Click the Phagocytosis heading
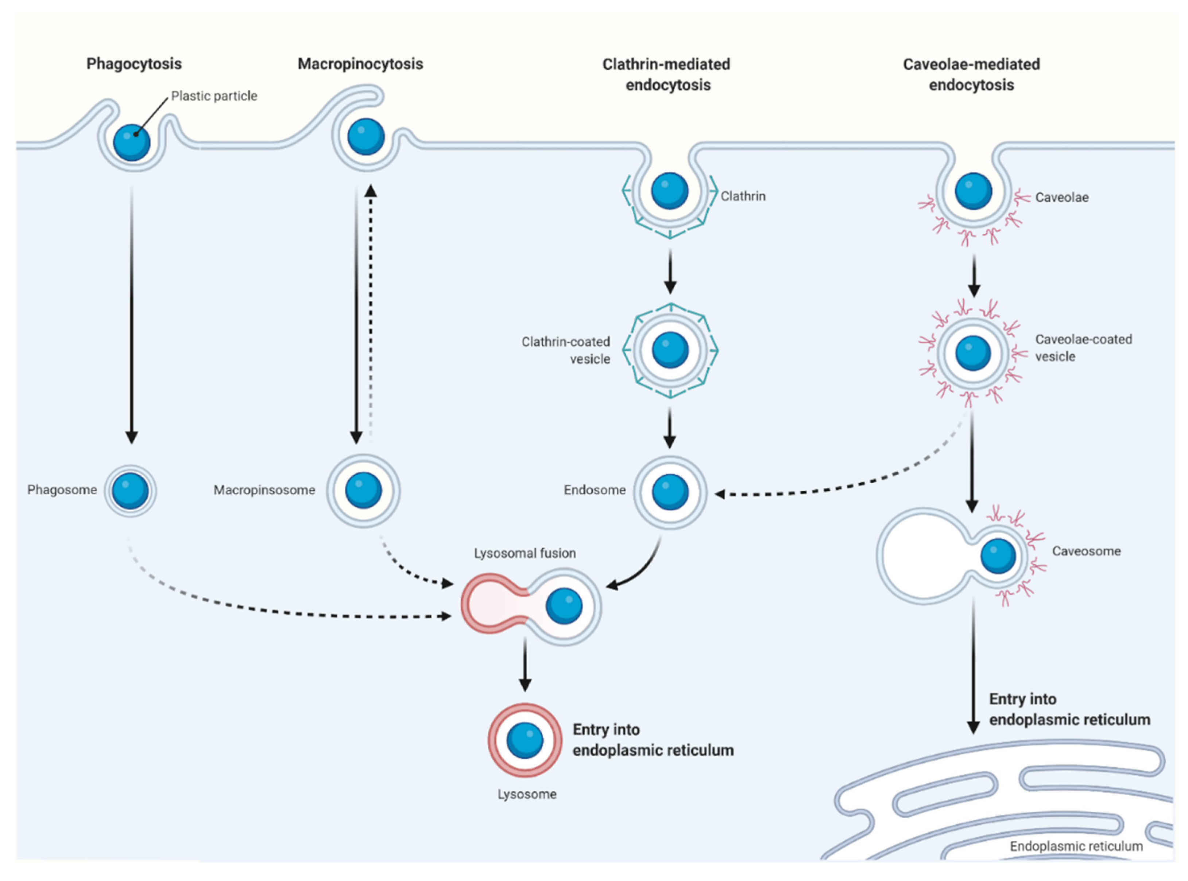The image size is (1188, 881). pyautogui.click(x=134, y=64)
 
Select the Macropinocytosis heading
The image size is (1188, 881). pyautogui.click(x=360, y=64)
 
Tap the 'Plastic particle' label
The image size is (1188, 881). pyautogui.click(x=214, y=96)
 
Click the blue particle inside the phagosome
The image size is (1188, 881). pyautogui.click(x=130, y=491)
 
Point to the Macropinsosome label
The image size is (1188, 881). pyautogui.click(x=264, y=490)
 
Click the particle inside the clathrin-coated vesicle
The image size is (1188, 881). pyautogui.click(x=670, y=350)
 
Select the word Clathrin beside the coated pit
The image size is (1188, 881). pyautogui.click(x=743, y=196)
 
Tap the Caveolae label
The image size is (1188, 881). pyautogui.click(x=1061, y=197)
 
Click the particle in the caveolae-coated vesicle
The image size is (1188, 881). pyautogui.click(x=973, y=353)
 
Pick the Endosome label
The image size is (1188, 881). pyautogui.click(x=595, y=490)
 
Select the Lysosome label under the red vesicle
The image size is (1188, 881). pyautogui.click(x=527, y=794)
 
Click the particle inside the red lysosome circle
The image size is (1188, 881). pyautogui.click(x=525, y=740)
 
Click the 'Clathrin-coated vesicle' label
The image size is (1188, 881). pyautogui.click(x=566, y=350)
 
